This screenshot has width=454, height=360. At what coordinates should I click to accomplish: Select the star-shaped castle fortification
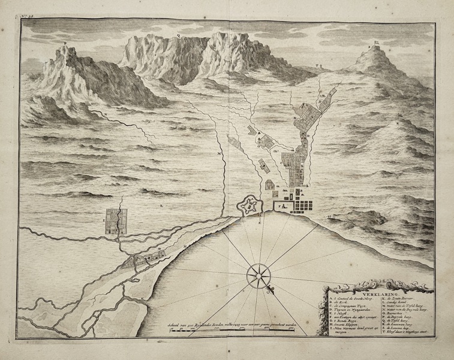coord(251,205)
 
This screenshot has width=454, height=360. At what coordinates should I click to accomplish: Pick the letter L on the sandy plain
coord(160,205)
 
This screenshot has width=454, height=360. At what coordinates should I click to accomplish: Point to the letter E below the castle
coord(259,223)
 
